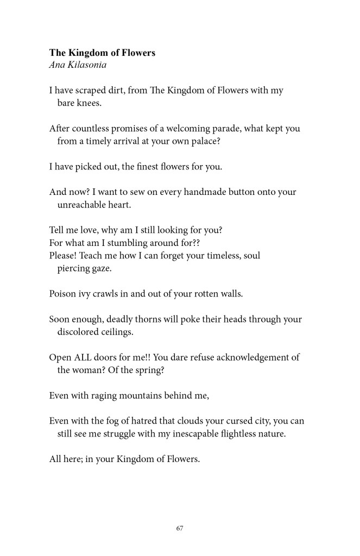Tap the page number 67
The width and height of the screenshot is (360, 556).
(180, 528)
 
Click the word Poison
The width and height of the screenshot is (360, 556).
(63, 294)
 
